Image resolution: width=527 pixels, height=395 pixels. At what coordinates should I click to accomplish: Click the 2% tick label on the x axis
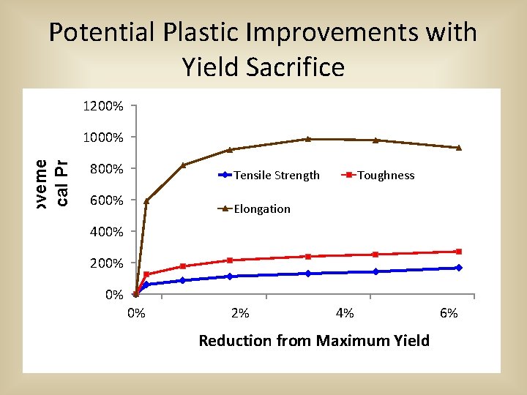click(240, 314)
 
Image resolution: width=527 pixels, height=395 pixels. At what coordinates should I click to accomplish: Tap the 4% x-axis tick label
click(344, 314)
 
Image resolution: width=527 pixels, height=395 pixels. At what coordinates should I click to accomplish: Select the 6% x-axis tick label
click(449, 314)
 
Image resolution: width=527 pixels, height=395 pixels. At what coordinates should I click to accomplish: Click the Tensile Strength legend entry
click(276, 176)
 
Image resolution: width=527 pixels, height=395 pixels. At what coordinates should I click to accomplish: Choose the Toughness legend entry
click(386, 176)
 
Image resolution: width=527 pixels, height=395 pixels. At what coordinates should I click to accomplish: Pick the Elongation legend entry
click(261, 209)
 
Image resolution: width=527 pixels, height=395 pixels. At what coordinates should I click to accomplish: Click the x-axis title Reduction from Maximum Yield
click(314, 341)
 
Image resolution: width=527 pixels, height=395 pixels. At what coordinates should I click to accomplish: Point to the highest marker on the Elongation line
click(308, 139)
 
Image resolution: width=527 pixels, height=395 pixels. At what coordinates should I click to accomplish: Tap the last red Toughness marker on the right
click(459, 252)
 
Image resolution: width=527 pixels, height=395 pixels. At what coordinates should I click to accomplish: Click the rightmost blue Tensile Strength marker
click(459, 268)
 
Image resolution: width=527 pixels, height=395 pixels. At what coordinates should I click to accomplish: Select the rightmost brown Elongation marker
click(459, 148)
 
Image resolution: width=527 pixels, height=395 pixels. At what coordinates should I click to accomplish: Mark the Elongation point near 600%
click(146, 200)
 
